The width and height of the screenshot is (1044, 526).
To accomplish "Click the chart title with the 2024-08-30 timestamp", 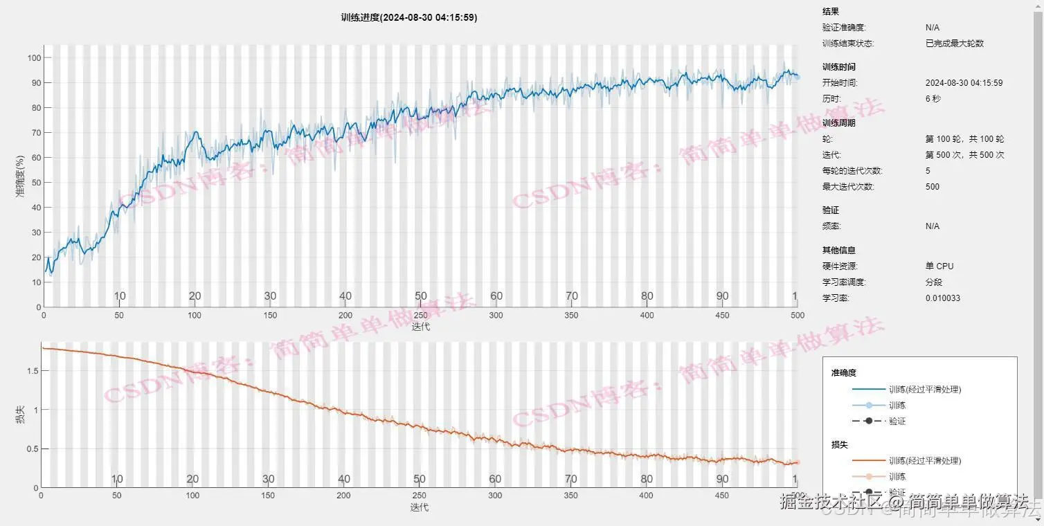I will [408, 17].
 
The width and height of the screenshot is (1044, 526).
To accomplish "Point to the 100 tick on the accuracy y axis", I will [34, 57].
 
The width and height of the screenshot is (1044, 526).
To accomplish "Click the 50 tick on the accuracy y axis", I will [34, 183].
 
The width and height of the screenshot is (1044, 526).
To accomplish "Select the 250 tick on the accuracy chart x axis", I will [420, 316].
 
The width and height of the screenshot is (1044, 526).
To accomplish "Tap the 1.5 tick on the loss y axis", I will [31, 371].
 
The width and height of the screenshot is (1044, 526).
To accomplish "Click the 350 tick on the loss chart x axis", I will [570, 496].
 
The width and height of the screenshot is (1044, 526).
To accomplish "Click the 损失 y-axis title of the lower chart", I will [21, 415].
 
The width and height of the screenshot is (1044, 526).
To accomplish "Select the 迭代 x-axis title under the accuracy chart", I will [420, 327].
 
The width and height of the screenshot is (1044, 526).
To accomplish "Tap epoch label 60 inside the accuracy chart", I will [496, 296].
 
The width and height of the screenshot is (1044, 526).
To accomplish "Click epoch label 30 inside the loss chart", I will [269, 479].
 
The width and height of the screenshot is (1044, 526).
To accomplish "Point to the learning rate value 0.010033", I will [942, 298].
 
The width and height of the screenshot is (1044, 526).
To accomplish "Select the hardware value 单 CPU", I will [939, 266].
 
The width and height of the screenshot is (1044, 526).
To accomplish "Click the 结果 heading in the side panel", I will [830, 12].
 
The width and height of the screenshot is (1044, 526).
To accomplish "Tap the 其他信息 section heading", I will [838, 251].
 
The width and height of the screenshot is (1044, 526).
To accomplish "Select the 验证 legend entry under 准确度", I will [897, 421].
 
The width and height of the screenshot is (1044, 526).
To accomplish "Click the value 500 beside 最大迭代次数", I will [933, 187].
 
